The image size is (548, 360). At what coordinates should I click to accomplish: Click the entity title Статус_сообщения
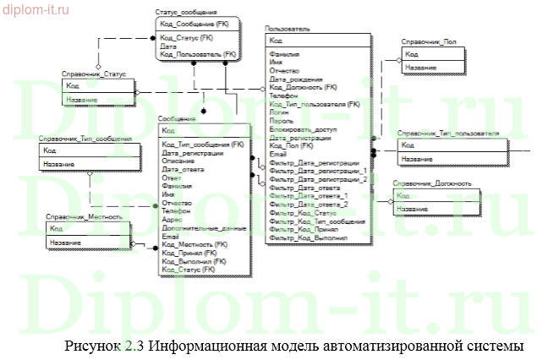[186, 15]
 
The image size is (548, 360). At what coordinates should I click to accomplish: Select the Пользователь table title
[288, 29]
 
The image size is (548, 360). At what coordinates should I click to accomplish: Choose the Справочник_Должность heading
[427, 184]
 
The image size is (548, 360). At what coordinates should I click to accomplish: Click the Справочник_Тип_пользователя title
[447, 134]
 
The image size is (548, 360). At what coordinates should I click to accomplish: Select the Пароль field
[281, 121]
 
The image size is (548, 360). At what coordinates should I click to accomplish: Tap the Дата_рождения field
[291, 79]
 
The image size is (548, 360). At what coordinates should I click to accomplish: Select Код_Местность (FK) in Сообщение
[195, 244]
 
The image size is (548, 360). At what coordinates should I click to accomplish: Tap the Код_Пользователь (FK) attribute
[190, 53]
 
